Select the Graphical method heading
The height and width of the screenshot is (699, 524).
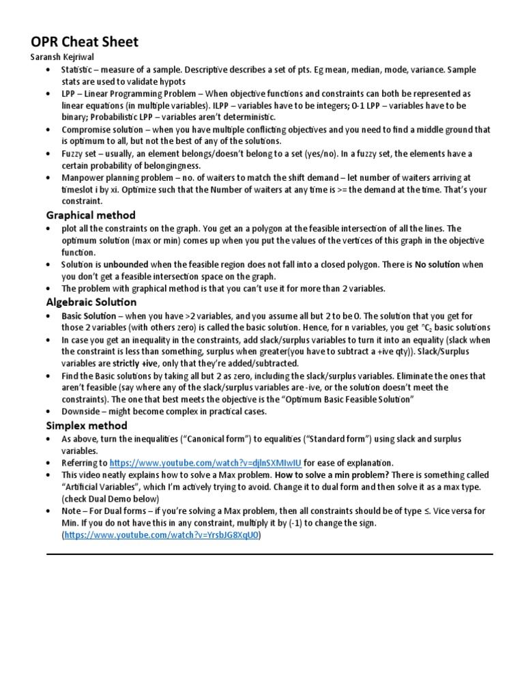click(x=91, y=215)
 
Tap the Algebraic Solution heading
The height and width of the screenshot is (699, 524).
click(x=91, y=302)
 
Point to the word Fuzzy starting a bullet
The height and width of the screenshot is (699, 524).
click(x=73, y=154)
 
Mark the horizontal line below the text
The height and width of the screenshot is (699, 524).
click(x=269, y=554)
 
